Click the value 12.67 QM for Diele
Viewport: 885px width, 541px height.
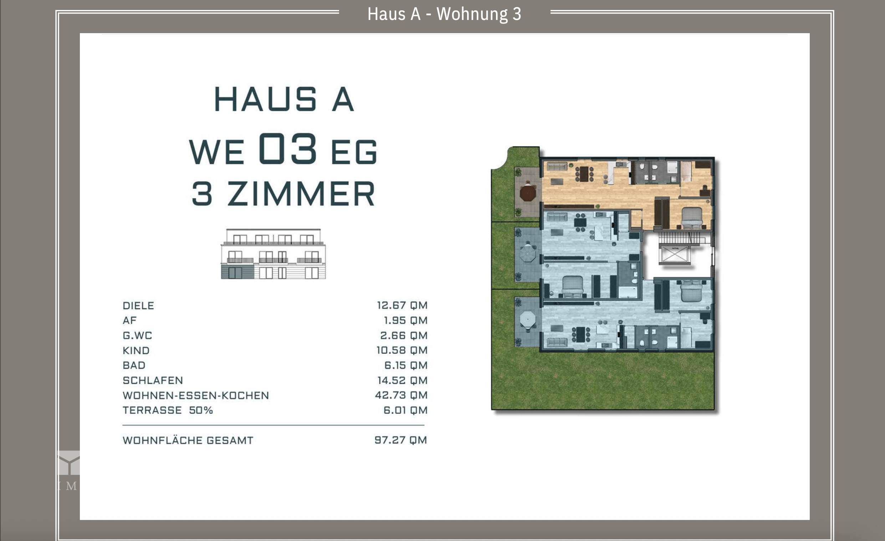(402, 305)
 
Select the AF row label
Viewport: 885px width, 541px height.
(130, 320)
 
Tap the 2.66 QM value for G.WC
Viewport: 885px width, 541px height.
(404, 335)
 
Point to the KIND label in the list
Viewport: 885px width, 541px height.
(136, 350)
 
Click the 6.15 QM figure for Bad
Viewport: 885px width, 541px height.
(406, 365)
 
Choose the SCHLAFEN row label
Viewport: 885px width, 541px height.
(153, 380)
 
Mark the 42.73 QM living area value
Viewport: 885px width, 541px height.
(401, 395)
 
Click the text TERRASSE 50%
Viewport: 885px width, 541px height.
(168, 410)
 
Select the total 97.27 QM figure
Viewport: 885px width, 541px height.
(401, 440)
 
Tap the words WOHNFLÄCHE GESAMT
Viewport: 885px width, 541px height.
(188, 440)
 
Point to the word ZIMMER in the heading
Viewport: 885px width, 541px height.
(301, 194)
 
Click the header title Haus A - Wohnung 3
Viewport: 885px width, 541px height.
(444, 14)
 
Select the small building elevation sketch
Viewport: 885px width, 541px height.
(273, 254)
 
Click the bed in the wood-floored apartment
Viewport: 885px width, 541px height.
(692, 217)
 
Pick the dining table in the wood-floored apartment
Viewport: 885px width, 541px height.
(584, 174)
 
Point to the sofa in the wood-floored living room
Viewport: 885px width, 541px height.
(556, 166)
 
